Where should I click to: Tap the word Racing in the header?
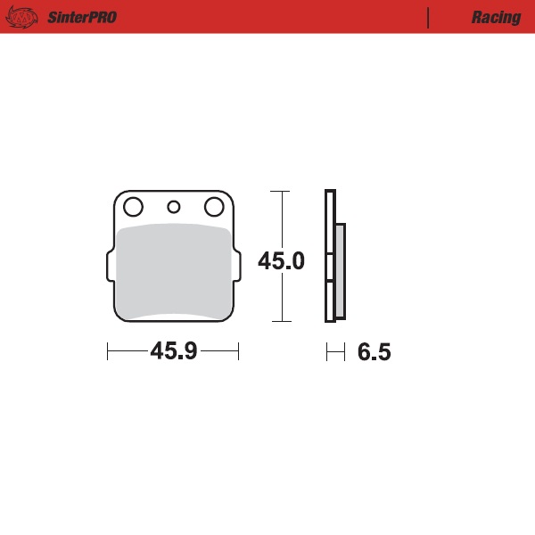[x=496, y=17]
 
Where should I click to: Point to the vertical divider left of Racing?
[x=429, y=17]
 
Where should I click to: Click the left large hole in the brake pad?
[x=133, y=208]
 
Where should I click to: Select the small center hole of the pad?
[x=174, y=208]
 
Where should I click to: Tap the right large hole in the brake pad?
[x=214, y=208]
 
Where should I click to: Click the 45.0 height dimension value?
[x=281, y=261]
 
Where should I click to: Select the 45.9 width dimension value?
[x=173, y=352]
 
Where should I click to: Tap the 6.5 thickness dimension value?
[x=374, y=352]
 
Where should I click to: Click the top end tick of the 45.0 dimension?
[x=282, y=191]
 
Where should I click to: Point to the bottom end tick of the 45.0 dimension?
[x=282, y=321]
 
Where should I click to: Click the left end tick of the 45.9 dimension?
[x=108, y=351]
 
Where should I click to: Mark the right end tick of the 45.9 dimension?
[x=238, y=351]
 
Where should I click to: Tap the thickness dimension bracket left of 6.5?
[x=335, y=352]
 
